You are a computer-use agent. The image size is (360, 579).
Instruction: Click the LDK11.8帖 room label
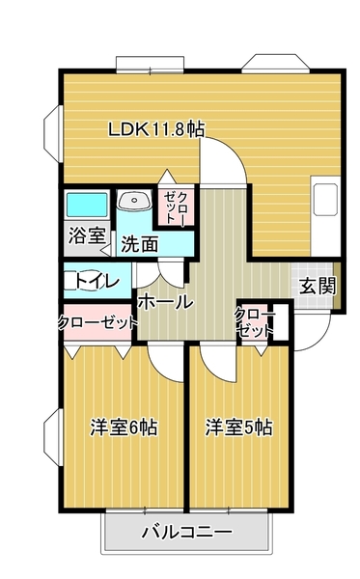(155, 129)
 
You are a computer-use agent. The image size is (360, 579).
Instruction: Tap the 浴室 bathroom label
(85, 234)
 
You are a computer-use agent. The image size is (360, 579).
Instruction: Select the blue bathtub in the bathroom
(86, 206)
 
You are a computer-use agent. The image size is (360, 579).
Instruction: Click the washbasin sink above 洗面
(134, 203)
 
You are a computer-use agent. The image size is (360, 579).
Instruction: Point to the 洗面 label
(140, 244)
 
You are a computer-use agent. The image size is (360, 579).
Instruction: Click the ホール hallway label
(165, 302)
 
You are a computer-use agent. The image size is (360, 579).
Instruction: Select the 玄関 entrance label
(317, 286)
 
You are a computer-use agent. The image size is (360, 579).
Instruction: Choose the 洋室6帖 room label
(125, 426)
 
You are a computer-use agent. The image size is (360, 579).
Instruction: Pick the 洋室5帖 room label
(237, 426)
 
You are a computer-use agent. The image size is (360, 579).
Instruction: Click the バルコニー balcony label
(185, 532)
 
